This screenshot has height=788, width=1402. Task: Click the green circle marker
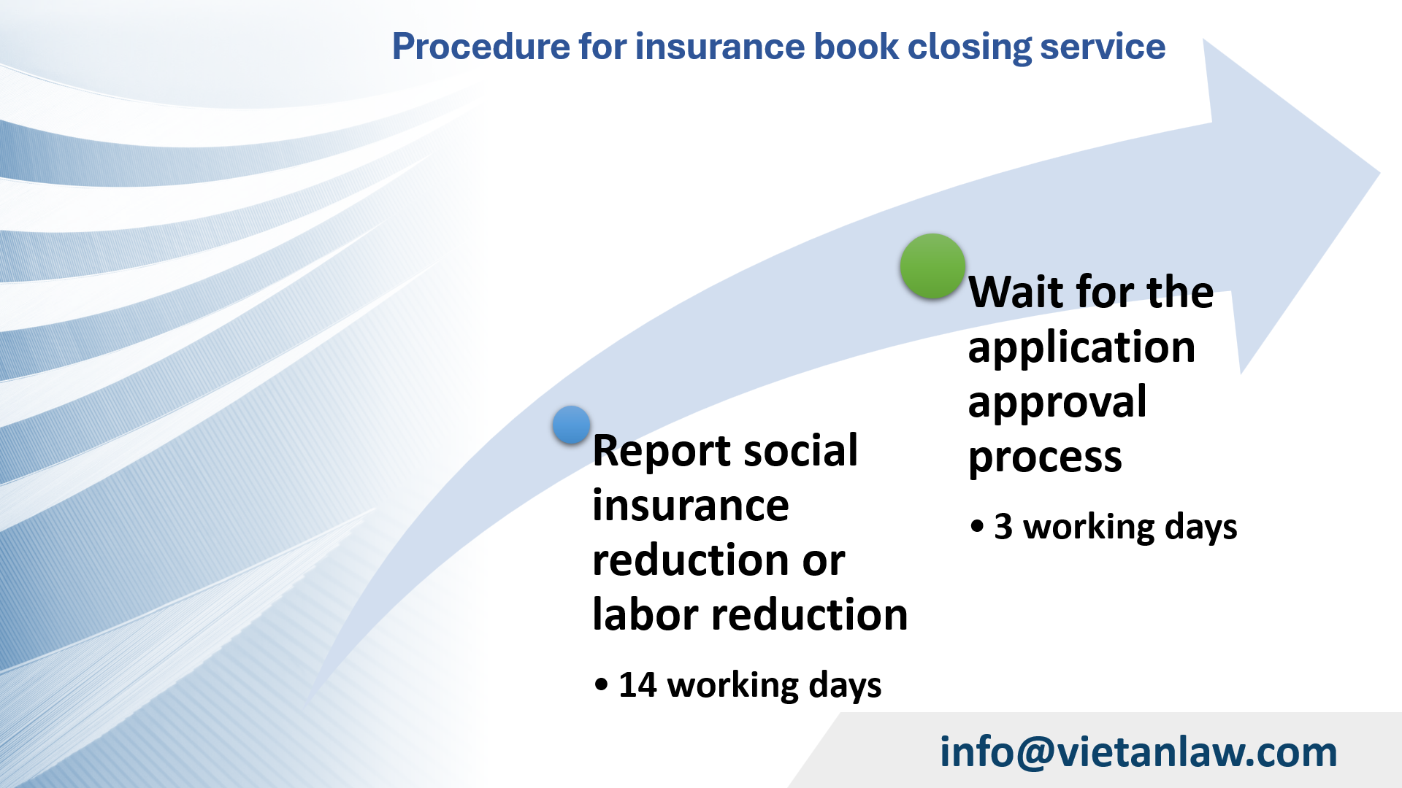pyautogui.click(x=932, y=266)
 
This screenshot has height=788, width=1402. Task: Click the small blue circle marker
pyautogui.click(x=571, y=425)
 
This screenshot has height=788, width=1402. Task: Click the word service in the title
pyautogui.click(x=1103, y=47)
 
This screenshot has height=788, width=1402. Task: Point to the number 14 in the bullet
pyautogui.click(x=637, y=685)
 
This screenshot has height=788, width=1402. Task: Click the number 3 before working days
pyautogui.click(x=1003, y=527)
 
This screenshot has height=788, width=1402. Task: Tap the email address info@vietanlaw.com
pyautogui.click(x=1138, y=752)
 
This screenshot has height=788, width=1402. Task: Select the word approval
pyautogui.click(x=1057, y=402)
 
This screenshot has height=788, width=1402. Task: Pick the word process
pyautogui.click(x=1044, y=458)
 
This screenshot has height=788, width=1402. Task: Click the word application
pyautogui.click(x=1081, y=347)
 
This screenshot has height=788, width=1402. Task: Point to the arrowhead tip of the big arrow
pyautogui.click(x=1377, y=174)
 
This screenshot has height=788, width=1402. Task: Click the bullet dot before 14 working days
pyautogui.click(x=601, y=685)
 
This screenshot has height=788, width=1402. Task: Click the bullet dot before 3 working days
pyautogui.click(x=977, y=526)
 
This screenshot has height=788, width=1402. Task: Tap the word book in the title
pyautogui.click(x=856, y=47)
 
